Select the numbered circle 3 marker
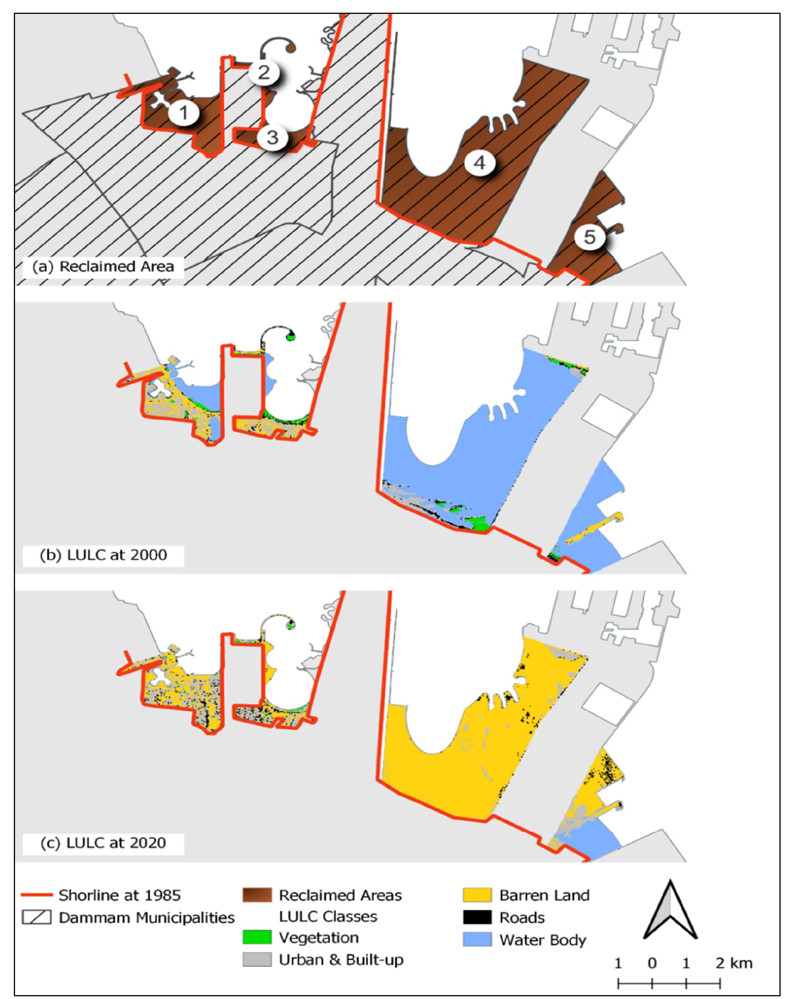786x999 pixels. (x=272, y=137)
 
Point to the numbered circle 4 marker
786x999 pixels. (x=479, y=163)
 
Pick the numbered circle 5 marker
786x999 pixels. (x=590, y=237)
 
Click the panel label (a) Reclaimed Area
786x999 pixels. (x=103, y=267)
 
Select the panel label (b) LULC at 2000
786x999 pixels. (x=103, y=555)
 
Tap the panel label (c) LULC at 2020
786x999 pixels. (x=103, y=843)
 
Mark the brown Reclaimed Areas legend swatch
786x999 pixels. (x=257, y=895)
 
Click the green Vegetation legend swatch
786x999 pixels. (x=257, y=937)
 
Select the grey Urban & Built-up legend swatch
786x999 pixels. (x=257, y=959)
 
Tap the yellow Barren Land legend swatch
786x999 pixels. (x=477, y=895)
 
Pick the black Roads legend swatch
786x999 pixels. (x=477, y=917)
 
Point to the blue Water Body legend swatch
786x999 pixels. (x=477, y=939)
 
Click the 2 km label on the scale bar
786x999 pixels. (x=734, y=963)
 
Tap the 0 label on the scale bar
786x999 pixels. (x=652, y=963)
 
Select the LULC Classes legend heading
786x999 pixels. (x=328, y=916)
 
